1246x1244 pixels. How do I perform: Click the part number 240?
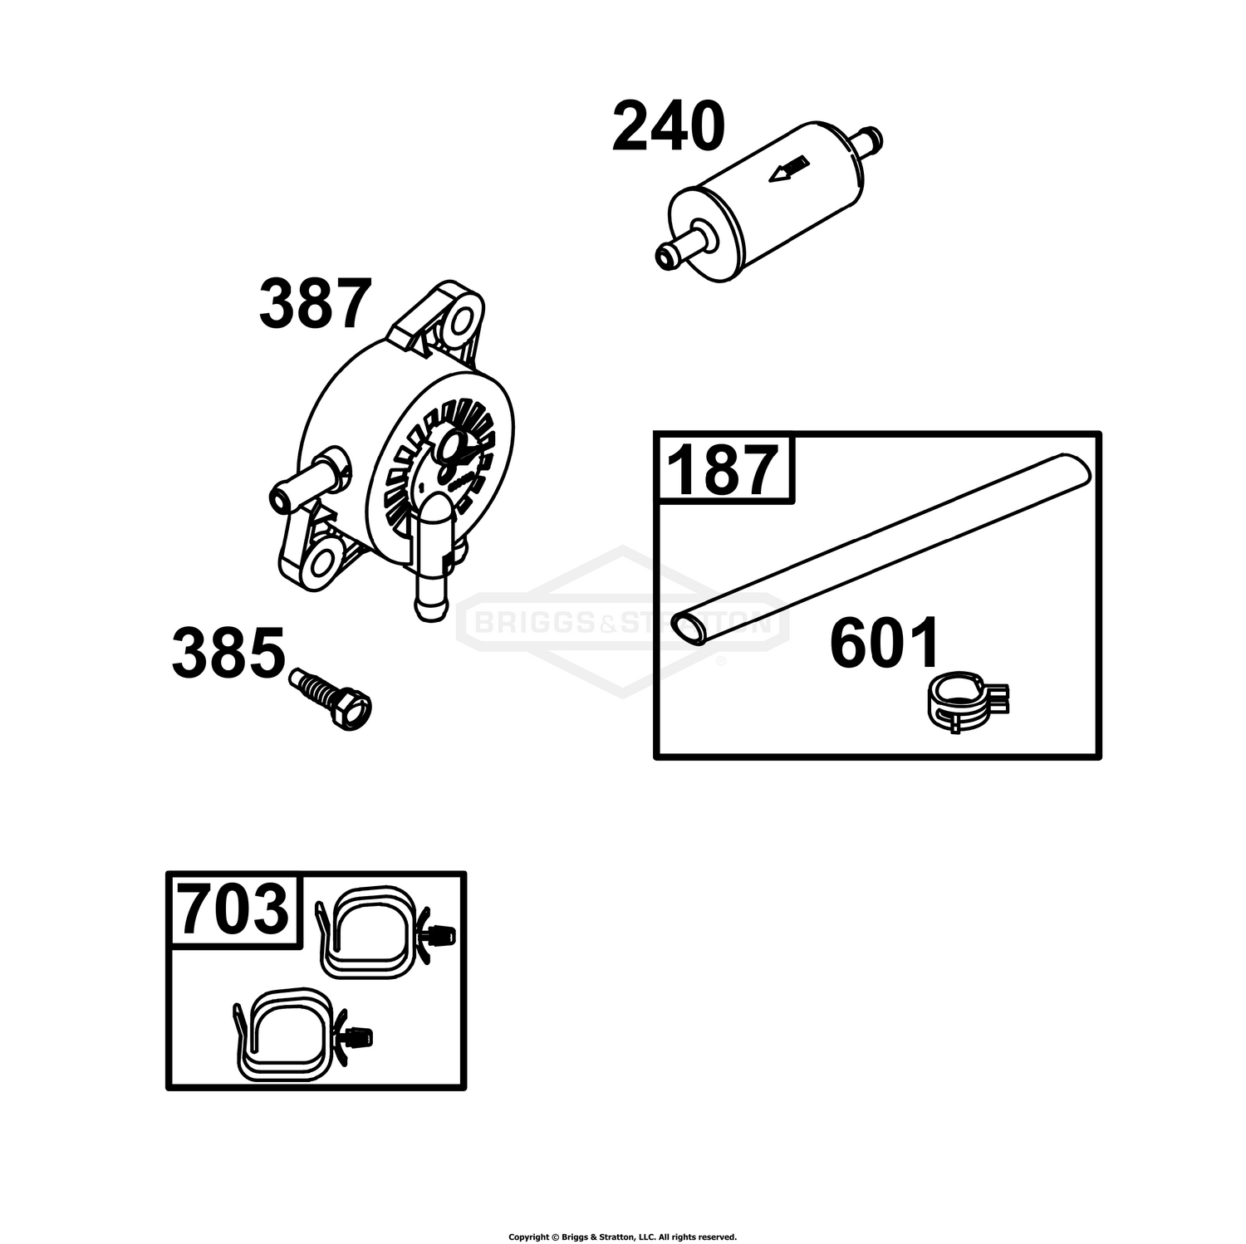669,127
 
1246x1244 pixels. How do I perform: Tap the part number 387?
315,305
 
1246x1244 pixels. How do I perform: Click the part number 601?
885,642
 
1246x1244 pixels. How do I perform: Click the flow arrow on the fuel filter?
788,169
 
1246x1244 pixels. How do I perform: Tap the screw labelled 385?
330,700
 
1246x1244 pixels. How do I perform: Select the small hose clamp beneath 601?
967,703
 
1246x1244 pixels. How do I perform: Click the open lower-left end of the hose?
689,629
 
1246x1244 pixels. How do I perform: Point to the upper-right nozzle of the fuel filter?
865,142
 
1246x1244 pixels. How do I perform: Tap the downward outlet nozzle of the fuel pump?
433,564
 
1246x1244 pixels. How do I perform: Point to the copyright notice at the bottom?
622,1237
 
